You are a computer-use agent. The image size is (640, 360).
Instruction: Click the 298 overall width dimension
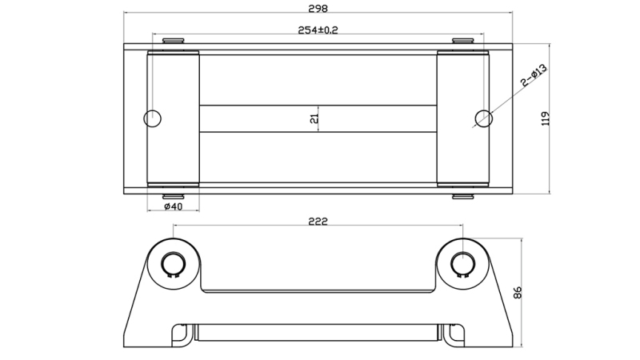pos(318,7)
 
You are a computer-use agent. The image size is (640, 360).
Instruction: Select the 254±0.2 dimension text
pos(318,30)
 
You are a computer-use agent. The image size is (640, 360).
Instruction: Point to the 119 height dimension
pos(546,118)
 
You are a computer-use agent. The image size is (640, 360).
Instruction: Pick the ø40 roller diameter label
pos(173,206)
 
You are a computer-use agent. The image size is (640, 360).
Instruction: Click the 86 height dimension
pos(518,291)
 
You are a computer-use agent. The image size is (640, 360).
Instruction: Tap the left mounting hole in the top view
pos(152,118)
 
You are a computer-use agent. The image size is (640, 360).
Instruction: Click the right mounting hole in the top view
pos(482,118)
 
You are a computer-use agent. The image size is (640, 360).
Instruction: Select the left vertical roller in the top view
pos(174,118)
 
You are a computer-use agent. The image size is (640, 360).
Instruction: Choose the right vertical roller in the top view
pos(462,118)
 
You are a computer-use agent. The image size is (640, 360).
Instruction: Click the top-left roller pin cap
pos(173,41)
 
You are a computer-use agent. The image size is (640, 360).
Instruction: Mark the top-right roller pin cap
pos(462,41)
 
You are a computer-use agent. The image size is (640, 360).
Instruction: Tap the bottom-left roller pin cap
pos(173,196)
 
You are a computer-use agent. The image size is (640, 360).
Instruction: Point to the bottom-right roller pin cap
pos(462,196)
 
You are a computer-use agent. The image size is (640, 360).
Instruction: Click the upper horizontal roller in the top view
pos(318,79)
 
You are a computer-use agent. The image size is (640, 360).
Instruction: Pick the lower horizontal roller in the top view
pos(318,157)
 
